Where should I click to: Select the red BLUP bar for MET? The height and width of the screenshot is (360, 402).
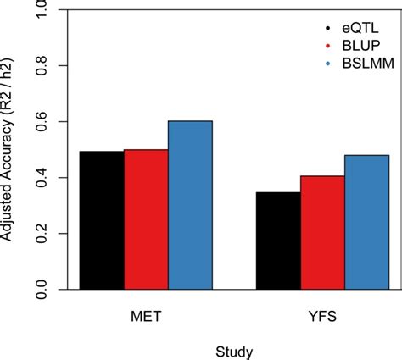pyautogui.click(x=146, y=219)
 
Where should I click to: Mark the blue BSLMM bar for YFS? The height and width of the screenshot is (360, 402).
pyautogui.click(x=366, y=222)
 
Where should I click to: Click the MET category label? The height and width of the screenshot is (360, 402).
pyautogui.click(x=145, y=314)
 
